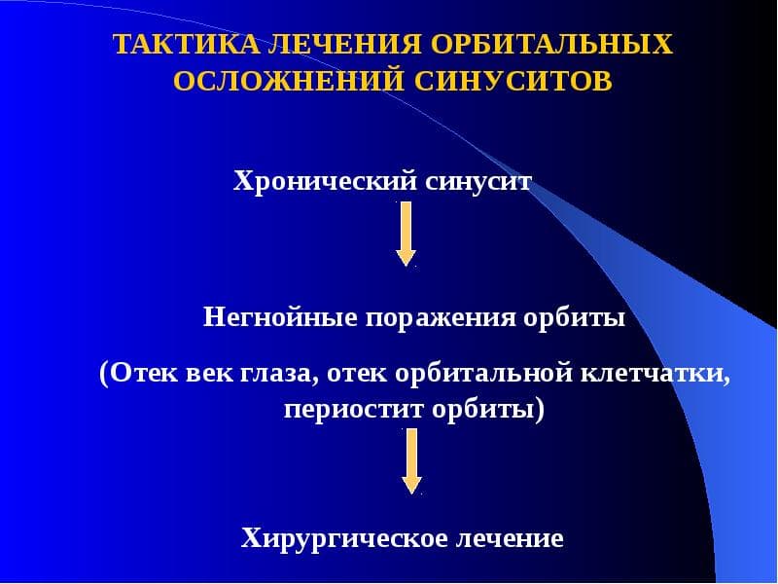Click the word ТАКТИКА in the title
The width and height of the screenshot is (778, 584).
tap(187, 44)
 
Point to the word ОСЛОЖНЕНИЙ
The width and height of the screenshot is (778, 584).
tap(288, 81)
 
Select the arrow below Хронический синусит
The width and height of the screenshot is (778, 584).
tap(406, 234)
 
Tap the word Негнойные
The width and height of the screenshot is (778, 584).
tap(280, 317)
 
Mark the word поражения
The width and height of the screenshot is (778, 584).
tap(441, 319)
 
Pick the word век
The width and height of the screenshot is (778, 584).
tap(209, 374)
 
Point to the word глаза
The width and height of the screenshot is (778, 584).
tap(279, 375)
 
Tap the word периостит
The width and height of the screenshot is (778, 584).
tap(354, 411)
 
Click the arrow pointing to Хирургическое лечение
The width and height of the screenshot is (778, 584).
tap(411, 461)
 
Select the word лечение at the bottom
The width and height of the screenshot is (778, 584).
tap(510, 538)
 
